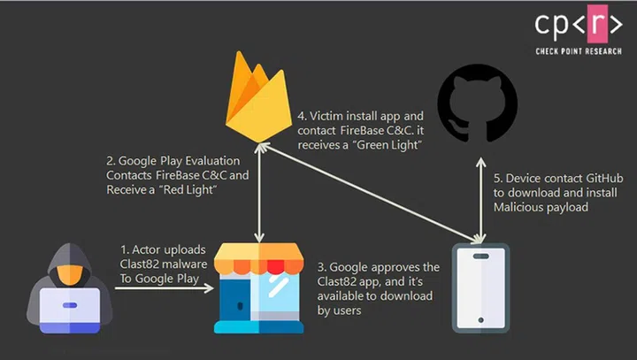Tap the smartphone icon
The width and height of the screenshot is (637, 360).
[x=480, y=287]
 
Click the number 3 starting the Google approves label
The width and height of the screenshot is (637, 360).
[x=319, y=267]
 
